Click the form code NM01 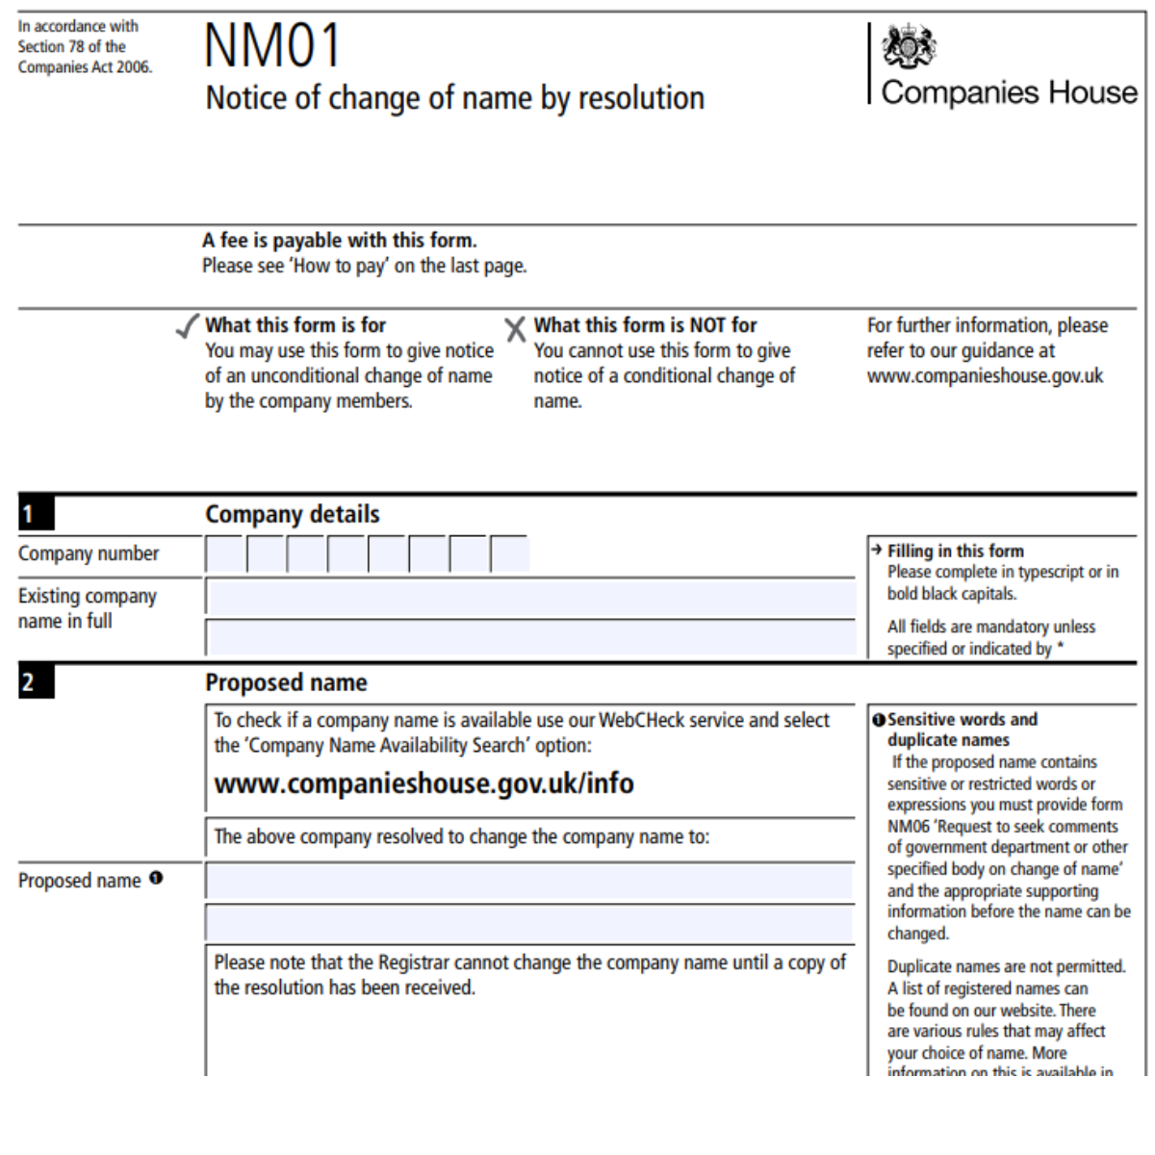[272, 45]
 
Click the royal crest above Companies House [909, 46]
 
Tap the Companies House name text [1009, 92]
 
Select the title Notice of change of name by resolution [454, 98]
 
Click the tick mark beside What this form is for [188, 327]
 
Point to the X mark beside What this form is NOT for [516, 330]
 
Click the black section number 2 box [36, 682]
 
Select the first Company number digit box [224, 555]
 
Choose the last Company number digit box [509, 555]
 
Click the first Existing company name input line [530, 599]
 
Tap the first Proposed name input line [529, 882]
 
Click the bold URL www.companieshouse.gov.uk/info [423, 783]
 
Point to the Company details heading [293, 514]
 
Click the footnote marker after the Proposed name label [156, 878]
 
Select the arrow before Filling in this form [876, 550]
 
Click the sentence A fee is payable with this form [340, 241]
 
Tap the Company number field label [89, 553]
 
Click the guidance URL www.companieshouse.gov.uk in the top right [985, 376]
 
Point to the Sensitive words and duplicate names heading [962, 730]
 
